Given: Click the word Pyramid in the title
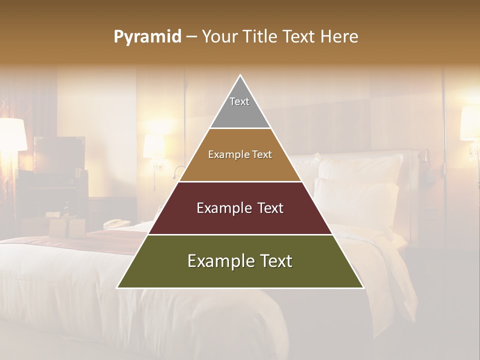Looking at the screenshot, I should [147, 37].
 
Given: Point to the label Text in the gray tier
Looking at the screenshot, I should [239, 101].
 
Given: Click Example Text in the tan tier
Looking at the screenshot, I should [240, 154].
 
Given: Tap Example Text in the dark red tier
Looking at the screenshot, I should [240, 208].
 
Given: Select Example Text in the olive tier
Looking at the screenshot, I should [240, 261].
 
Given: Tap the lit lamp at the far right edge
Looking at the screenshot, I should [470, 123].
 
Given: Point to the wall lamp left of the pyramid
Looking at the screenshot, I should [154, 146].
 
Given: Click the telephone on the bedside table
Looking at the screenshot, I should [116, 223].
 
